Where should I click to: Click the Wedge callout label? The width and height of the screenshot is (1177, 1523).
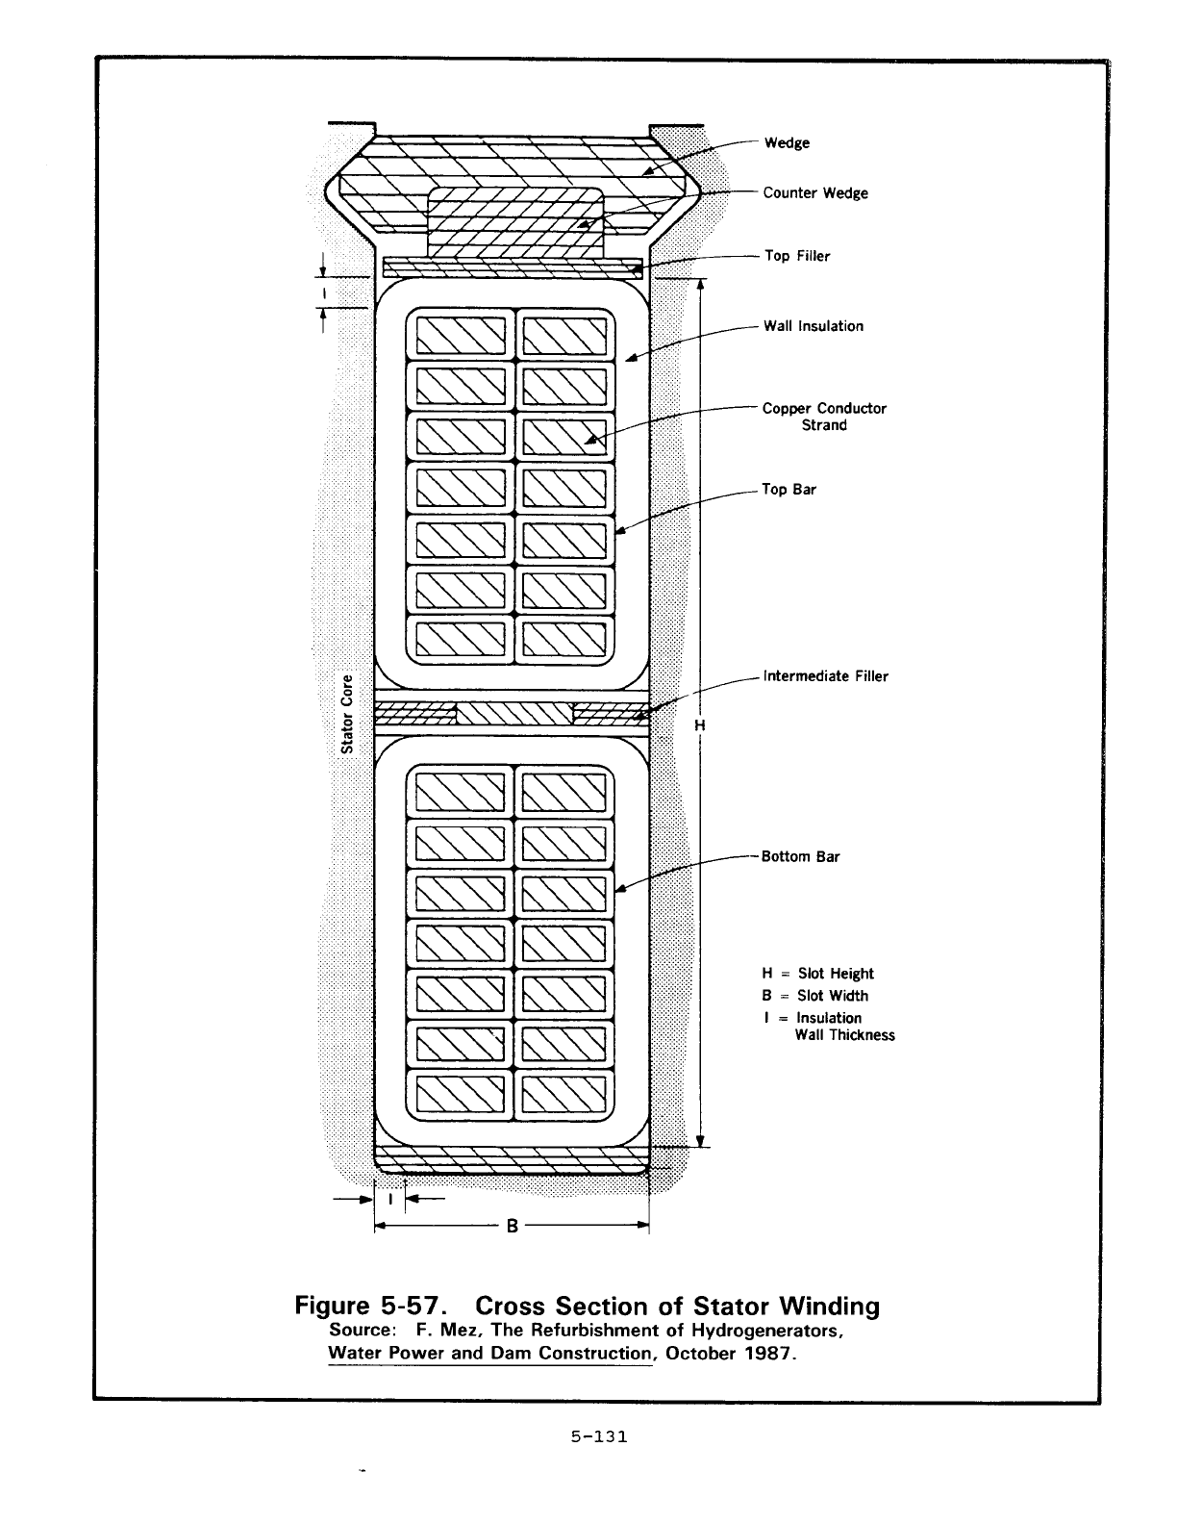click(787, 143)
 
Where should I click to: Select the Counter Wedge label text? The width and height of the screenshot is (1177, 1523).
click(814, 193)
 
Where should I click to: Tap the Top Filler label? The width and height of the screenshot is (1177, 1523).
click(796, 256)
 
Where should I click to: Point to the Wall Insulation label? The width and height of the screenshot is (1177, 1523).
click(813, 326)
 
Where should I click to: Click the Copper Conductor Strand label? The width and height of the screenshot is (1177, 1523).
click(824, 417)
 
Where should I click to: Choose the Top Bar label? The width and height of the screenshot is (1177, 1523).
click(789, 490)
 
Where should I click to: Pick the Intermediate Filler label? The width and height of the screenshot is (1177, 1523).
click(825, 676)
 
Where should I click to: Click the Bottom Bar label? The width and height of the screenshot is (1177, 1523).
click(800, 857)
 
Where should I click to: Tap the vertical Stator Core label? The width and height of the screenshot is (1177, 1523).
click(349, 712)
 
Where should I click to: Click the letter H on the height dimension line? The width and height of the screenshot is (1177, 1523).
click(700, 725)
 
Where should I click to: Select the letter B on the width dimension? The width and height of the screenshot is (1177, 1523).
click(513, 1227)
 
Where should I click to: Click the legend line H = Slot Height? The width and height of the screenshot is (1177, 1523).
click(817, 974)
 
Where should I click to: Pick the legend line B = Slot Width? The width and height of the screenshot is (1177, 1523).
click(814, 996)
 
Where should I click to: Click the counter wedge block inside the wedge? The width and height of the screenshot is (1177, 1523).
click(516, 223)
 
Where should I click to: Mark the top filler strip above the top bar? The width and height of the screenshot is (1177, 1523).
click(513, 267)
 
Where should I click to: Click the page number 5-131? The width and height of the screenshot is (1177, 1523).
click(598, 1437)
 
